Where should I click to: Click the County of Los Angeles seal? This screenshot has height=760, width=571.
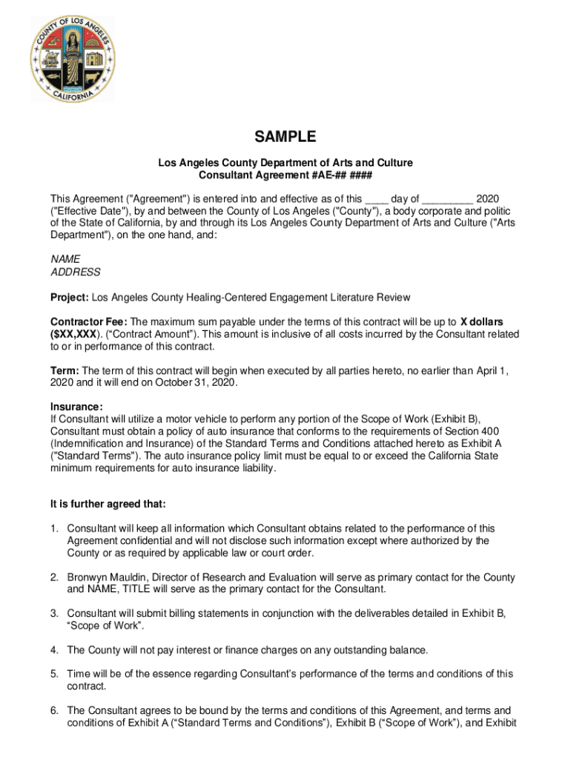73,59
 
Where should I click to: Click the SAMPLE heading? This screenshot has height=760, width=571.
285,137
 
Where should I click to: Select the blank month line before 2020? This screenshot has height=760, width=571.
448,199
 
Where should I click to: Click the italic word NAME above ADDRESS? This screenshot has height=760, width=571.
65,259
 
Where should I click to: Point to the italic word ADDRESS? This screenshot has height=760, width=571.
75,272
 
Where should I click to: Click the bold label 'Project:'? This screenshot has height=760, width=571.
70,298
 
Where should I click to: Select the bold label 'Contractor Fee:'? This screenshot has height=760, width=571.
89,322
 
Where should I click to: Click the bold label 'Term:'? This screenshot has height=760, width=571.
65,370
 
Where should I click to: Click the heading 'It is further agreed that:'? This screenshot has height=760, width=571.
108,504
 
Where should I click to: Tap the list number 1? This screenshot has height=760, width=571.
54,528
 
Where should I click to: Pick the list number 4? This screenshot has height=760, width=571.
54,650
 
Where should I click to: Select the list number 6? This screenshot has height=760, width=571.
54,711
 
